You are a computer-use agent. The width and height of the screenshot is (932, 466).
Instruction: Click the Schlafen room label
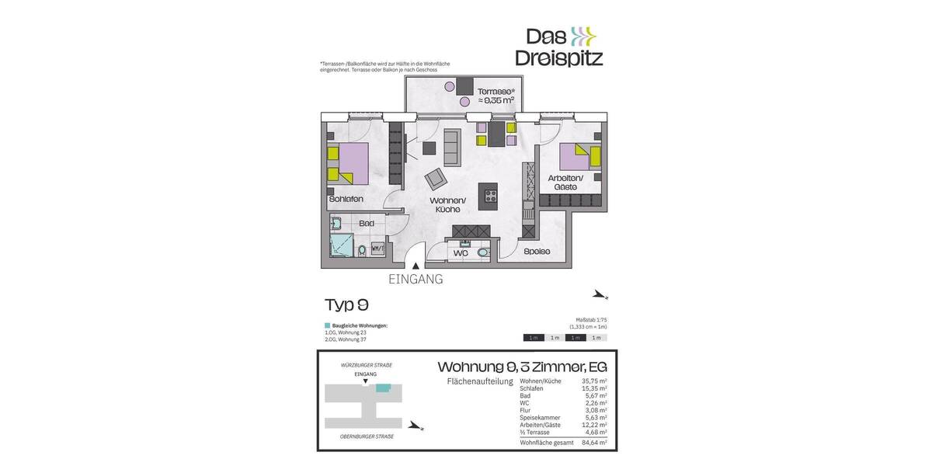pos(346,200)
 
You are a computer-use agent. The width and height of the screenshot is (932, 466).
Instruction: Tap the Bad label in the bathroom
pos(367,224)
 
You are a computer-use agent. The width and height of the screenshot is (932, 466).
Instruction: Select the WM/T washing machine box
pos(378,249)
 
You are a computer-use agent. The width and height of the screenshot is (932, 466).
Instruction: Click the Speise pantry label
pos(537,252)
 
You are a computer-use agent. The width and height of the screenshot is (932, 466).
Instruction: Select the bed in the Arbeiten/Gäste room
pos(579,157)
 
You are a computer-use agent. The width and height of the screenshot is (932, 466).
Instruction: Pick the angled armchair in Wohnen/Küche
pos(436,179)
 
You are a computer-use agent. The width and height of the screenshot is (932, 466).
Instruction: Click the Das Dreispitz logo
pos(559,47)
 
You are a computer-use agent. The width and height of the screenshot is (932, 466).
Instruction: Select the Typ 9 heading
pos(346,304)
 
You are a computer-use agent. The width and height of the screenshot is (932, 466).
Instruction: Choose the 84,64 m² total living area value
pos(593,443)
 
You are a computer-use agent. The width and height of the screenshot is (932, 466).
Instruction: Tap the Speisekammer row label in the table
pos(540,418)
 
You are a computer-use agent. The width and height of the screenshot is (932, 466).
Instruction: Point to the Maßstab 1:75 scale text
pos(590,320)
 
